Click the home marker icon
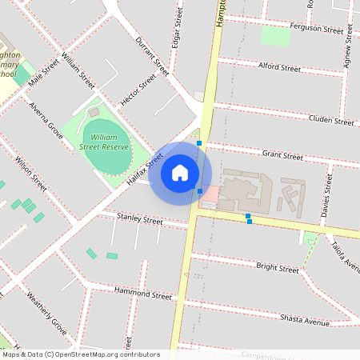pyautogui.click(x=180, y=173)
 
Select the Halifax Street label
pyautogui.click(x=144, y=170)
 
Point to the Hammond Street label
pyautogui.click(x=143, y=293)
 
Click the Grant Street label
pyautogui.click(x=282, y=154)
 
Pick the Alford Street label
pyautogui.click(x=279, y=67)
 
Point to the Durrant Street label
pyautogui.click(x=152, y=55)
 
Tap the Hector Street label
pyautogui.click(x=138, y=91)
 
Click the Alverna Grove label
pyautogui.click(x=46, y=121)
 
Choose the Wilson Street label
pyautogui.click(x=30, y=173)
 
